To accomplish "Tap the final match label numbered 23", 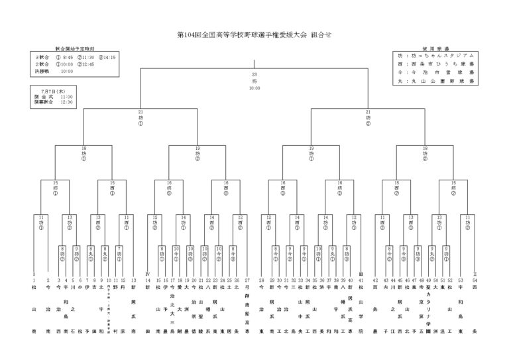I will pos(254,75).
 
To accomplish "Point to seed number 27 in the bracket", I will pos(247,280).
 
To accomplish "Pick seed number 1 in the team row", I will pos(34,280).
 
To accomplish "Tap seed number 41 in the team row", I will pos(361,280).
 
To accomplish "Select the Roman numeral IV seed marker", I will pos(147,274).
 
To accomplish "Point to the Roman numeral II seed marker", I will pos(474,274).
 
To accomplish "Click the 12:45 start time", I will pos(86,64).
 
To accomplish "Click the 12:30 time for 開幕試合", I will pos(67,102).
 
